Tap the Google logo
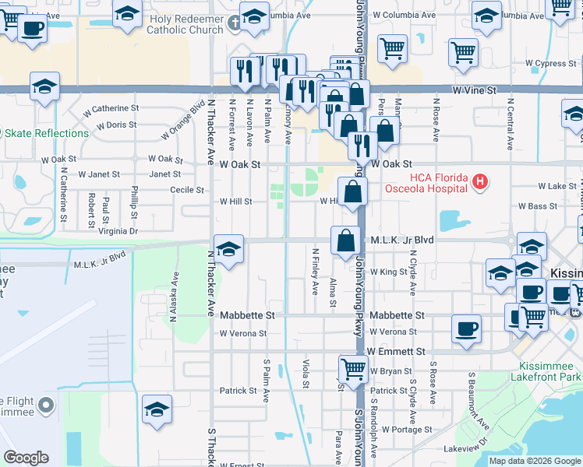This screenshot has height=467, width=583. tap(26, 458)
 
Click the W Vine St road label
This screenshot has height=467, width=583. tap(474, 91)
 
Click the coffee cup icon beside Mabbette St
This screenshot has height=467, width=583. tap(467, 328)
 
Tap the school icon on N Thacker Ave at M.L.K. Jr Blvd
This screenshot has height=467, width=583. tap(228, 250)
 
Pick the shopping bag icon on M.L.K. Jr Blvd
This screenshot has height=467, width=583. tap(345, 241)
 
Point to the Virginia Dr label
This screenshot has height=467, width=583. tap(118, 231)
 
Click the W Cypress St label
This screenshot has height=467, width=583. tap(549, 63)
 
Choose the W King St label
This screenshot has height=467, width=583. tap(390, 272)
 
